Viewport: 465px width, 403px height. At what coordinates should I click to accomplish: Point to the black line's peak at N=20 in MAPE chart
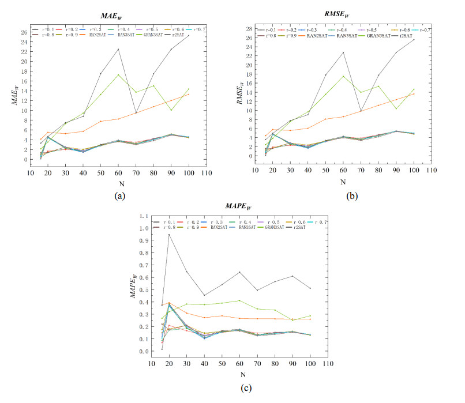pyautogui.click(x=170, y=234)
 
